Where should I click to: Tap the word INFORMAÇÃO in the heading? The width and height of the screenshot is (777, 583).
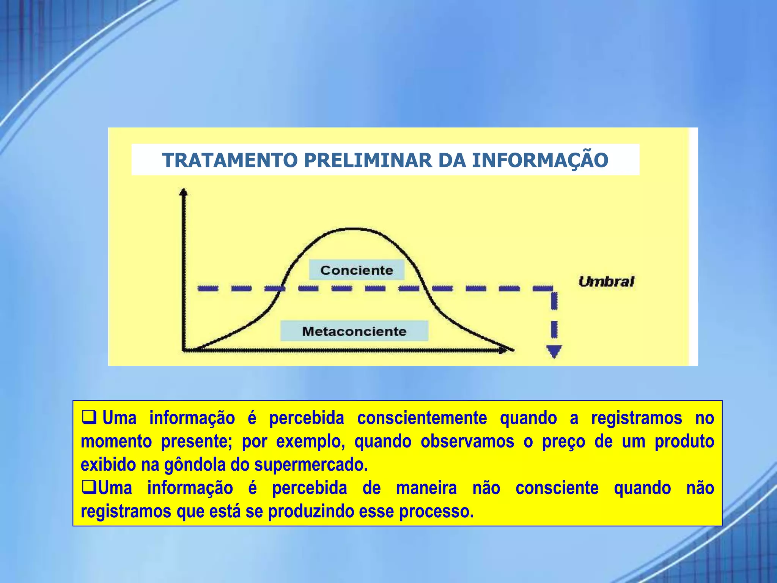click(x=540, y=160)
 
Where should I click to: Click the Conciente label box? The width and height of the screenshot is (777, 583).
click(x=357, y=270)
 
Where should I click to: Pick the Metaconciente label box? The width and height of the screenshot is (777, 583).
click(x=354, y=331)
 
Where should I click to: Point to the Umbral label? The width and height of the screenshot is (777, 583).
click(x=606, y=282)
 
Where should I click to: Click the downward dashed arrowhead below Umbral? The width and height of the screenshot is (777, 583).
click(x=554, y=351)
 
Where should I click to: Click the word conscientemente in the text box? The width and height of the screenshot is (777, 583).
click(x=422, y=418)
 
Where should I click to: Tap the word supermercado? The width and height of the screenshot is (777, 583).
click(x=311, y=465)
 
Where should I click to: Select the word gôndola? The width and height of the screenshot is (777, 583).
click(x=195, y=465)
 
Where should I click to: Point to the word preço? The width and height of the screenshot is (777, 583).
click(x=563, y=441)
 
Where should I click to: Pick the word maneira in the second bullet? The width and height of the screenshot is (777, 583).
click(x=426, y=488)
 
